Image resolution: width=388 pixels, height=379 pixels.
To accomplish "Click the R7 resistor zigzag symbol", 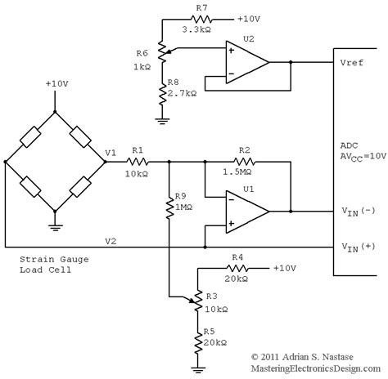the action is pyautogui.click(x=201, y=20).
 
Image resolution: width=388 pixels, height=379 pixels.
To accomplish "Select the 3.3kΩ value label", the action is pyautogui.click(x=196, y=29).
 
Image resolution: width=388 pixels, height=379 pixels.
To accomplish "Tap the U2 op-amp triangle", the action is pyautogui.click(x=247, y=62).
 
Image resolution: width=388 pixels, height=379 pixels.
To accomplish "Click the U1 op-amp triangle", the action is pyautogui.click(x=247, y=212).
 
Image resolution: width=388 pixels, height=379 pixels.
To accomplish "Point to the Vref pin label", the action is pyautogui.click(x=352, y=63).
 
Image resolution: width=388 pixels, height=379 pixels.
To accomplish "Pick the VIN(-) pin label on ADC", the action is pyautogui.click(x=359, y=211).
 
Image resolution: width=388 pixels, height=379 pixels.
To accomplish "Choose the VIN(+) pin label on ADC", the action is pyautogui.click(x=359, y=247).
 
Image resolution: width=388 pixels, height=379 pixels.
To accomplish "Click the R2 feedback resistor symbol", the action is pyautogui.click(x=244, y=162).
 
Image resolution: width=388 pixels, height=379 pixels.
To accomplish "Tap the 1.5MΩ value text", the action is pyautogui.click(x=237, y=172).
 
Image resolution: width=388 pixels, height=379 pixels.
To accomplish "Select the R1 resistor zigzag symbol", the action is pyautogui.click(x=138, y=162).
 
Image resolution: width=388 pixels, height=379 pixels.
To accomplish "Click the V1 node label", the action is pyautogui.click(x=111, y=153).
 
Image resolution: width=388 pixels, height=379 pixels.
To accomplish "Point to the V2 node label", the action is pyautogui.click(x=111, y=241).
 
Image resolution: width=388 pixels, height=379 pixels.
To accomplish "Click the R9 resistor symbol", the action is pyautogui.click(x=169, y=208).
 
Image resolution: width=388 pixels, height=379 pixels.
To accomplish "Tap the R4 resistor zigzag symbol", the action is pyautogui.click(x=237, y=269).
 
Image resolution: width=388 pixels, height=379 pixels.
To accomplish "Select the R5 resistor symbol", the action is pyautogui.click(x=197, y=344).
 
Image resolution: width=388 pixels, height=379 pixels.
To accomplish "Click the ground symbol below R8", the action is pyautogui.click(x=162, y=121).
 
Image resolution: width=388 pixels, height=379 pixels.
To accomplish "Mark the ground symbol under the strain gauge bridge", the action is pyautogui.click(x=55, y=228).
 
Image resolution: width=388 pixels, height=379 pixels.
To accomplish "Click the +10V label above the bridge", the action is pyautogui.click(x=56, y=83).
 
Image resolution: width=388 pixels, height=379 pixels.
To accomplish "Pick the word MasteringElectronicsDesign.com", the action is pyautogui.click(x=316, y=368).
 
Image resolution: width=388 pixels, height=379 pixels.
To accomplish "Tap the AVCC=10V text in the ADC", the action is pyautogui.click(x=363, y=157).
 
